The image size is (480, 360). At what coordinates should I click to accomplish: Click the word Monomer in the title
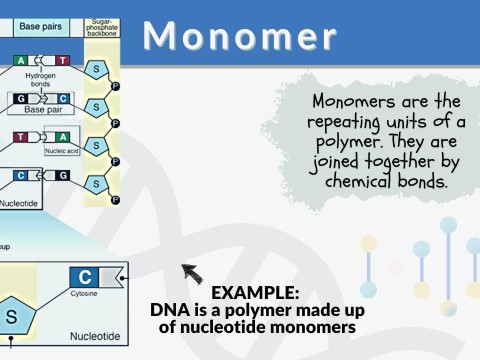[239, 35]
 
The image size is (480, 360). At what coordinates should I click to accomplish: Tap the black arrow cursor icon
[189, 271]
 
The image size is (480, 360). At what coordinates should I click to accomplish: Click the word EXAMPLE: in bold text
[255, 292]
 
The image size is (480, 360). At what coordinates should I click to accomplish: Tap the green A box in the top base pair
[21, 60]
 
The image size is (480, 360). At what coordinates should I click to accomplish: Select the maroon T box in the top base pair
[63, 60]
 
